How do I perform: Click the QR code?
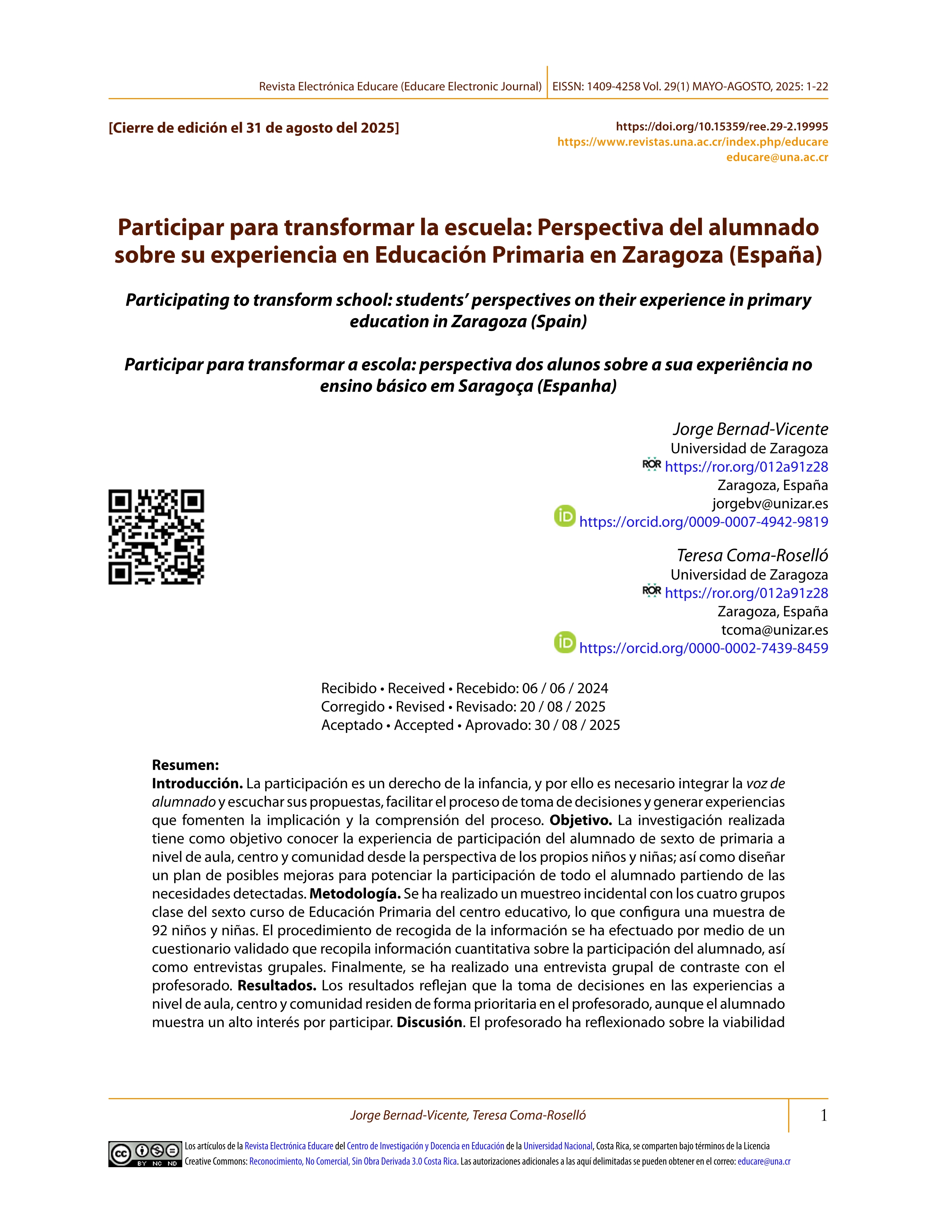(x=156, y=537)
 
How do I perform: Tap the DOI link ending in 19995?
(x=722, y=126)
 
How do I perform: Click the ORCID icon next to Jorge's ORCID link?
(x=564, y=516)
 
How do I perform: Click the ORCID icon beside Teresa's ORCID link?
(x=564, y=642)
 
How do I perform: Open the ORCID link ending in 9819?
(x=703, y=522)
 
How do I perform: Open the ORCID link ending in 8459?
(x=703, y=648)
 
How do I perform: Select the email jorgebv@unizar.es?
(x=770, y=504)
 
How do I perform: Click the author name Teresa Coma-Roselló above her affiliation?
(x=752, y=555)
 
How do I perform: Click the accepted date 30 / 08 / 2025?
(x=577, y=725)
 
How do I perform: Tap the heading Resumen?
(x=186, y=765)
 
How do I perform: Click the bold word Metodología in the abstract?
(x=354, y=894)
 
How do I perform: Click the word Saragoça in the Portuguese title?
(x=495, y=386)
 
